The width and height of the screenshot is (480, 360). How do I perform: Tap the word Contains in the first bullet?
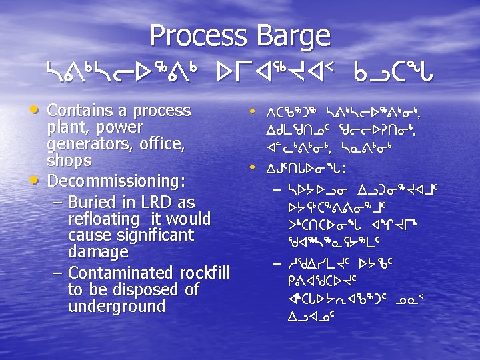pos(77,109)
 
